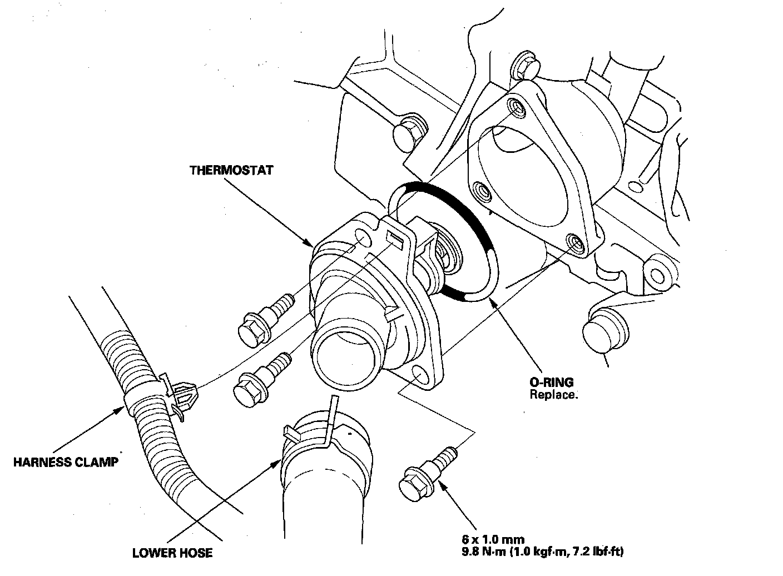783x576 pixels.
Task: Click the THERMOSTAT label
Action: (x=231, y=170)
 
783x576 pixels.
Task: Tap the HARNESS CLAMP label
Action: (x=66, y=462)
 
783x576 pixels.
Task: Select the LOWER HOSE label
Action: (x=172, y=553)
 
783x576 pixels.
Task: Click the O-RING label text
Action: (x=551, y=383)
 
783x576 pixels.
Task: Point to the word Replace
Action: (x=554, y=395)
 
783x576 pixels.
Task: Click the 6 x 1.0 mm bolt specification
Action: (x=493, y=539)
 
